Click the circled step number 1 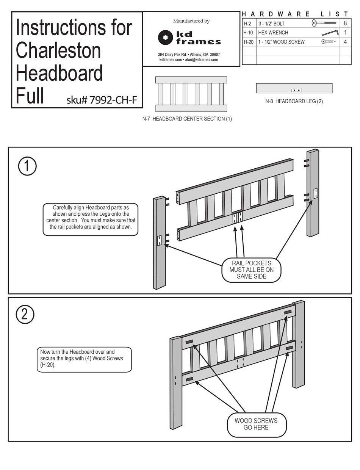click(x=27, y=167)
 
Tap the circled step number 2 click(x=25, y=315)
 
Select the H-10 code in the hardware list click(x=249, y=33)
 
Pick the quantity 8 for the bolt click(x=345, y=23)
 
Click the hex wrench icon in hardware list click(x=330, y=33)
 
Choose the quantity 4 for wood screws click(x=345, y=42)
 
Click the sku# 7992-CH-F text click(x=102, y=100)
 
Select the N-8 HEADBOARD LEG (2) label click(x=294, y=102)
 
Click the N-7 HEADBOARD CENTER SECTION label click(x=187, y=119)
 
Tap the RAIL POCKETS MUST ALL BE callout click(x=251, y=269)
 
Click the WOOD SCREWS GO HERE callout click(x=256, y=424)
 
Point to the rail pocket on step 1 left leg click(x=160, y=241)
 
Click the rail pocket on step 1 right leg click(x=315, y=193)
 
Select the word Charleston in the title click(x=58, y=51)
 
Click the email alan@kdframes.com click(x=201, y=60)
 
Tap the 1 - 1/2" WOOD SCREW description click(x=281, y=42)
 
